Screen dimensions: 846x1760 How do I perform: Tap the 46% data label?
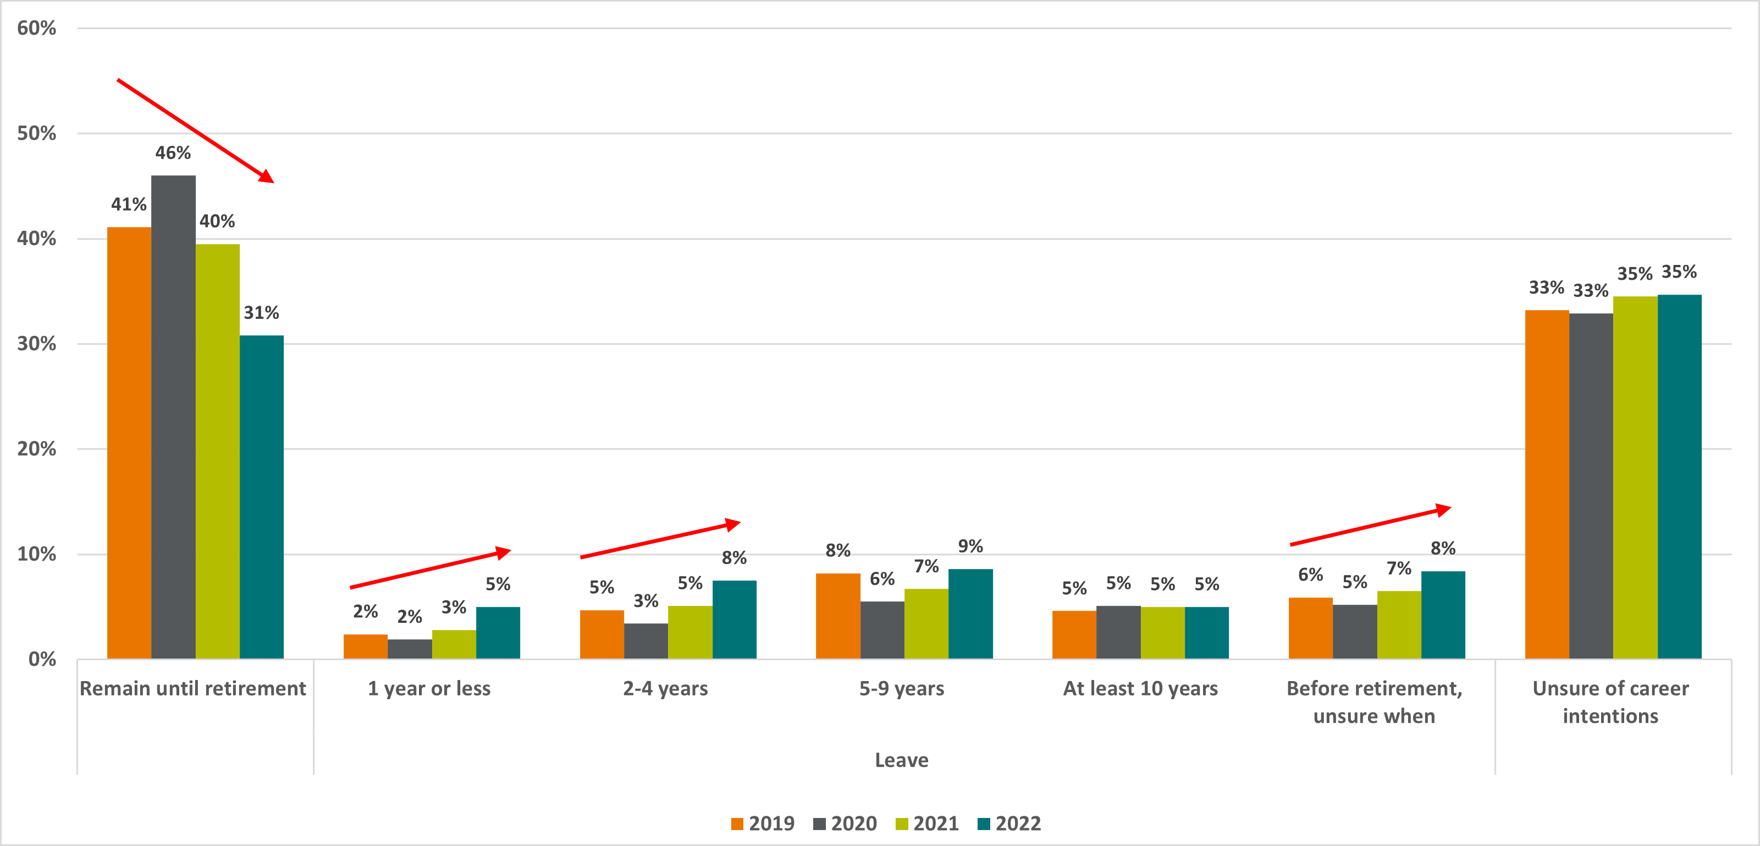[173, 153]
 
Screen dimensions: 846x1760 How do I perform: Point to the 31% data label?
[262, 313]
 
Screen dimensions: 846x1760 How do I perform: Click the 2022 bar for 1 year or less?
[498, 632]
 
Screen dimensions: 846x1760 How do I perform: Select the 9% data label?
[970, 546]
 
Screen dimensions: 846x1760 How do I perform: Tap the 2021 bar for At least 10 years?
[1162, 632]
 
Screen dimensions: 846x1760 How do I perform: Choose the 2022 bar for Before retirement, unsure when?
[1443, 615]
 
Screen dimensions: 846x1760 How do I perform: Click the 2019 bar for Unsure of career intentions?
[1547, 484]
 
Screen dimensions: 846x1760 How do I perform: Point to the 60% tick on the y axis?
[37, 28]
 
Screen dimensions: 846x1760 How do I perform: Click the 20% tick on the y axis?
[37, 449]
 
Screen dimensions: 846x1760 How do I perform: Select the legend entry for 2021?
[927, 823]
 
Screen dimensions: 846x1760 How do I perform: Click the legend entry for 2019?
[763, 823]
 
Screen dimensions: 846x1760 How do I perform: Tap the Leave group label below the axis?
[901, 760]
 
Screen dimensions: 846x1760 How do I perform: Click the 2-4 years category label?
[665, 688]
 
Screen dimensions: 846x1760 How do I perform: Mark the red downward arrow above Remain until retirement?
[195, 130]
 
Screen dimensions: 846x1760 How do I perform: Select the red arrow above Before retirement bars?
[1370, 526]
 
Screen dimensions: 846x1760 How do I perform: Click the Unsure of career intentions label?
[1610, 702]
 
